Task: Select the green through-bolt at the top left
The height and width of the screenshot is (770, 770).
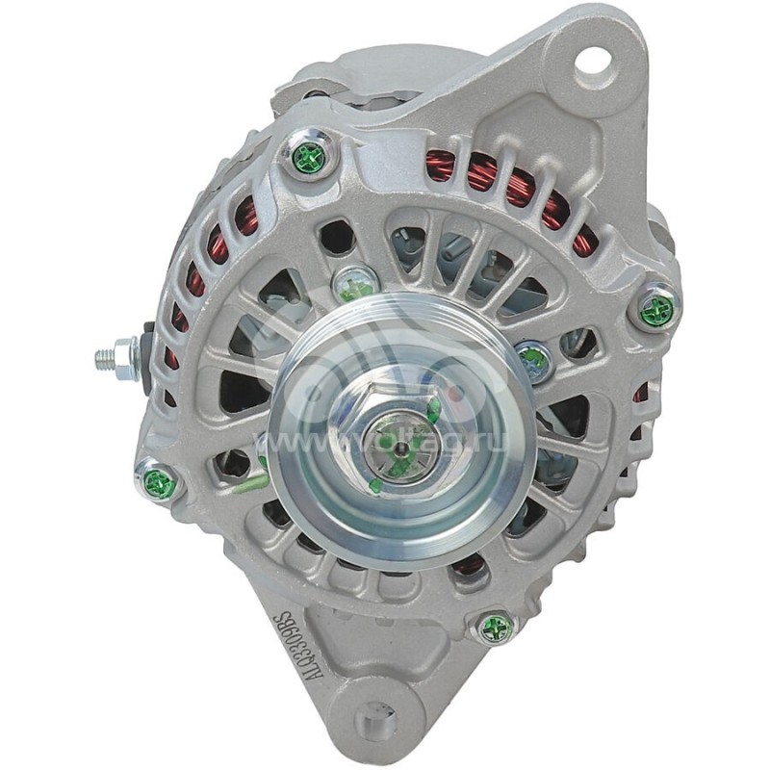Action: pyautogui.click(x=309, y=158)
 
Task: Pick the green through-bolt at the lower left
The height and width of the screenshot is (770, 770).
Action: pyautogui.click(x=160, y=482)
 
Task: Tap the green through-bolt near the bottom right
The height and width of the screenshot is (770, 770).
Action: pyautogui.click(x=497, y=629)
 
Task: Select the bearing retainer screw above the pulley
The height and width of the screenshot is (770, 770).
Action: pyautogui.click(x=353, y=284)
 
